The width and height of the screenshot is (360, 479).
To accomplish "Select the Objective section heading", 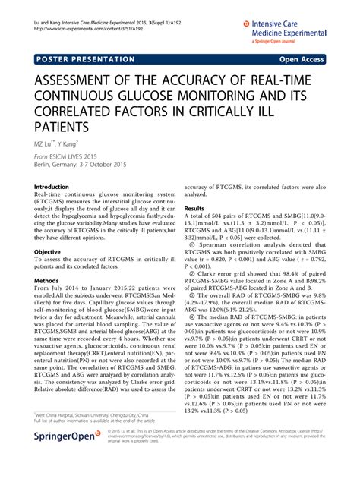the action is (48, 251).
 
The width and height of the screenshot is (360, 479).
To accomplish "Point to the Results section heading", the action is (194, 207).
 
